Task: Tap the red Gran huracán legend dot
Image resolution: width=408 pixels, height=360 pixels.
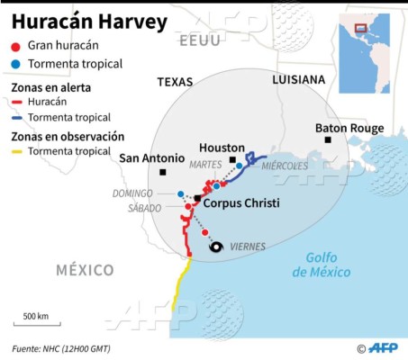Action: coord(16,47)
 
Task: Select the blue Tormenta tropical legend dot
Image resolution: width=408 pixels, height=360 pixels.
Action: coord(16,64)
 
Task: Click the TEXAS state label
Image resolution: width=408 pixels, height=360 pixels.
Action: coord(175,81)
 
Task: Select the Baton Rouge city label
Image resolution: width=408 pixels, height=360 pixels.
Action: coord(349,129)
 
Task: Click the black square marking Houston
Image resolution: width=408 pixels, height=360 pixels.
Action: coord(232,160)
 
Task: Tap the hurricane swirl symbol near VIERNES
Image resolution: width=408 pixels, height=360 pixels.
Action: coord(215,247)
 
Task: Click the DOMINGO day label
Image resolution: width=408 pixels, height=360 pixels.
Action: coord(133,193)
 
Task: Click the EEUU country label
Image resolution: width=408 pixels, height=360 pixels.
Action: coord(198,42)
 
